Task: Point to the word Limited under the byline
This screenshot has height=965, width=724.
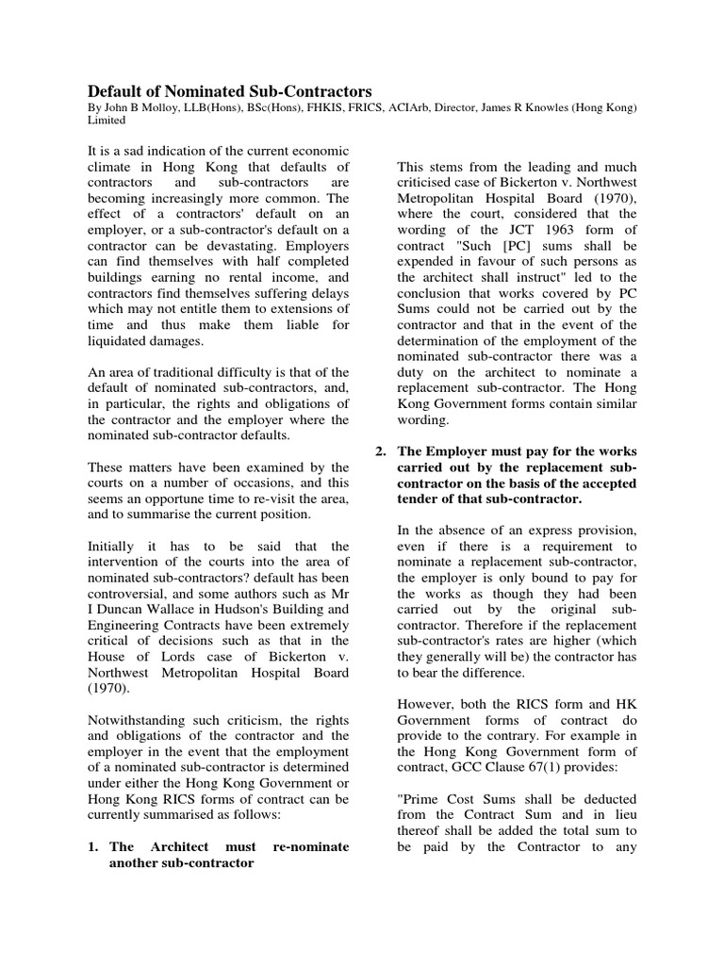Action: tap(107, 123)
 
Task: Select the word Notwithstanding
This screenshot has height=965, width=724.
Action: tap(139, 721)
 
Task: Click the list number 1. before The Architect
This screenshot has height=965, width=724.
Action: tap(93, 846)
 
